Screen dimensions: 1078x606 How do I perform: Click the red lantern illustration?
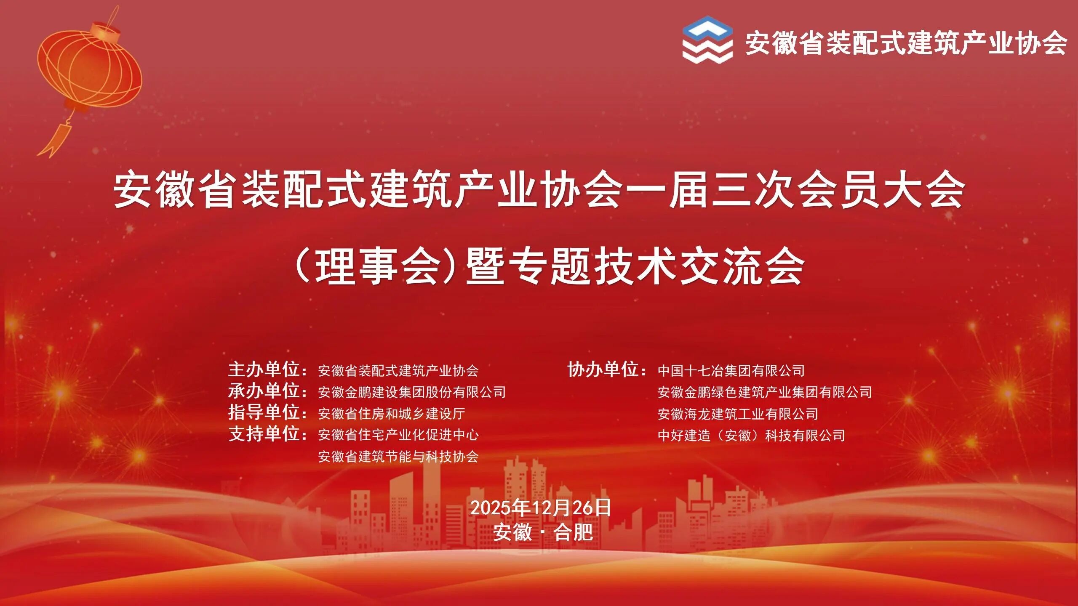tap(89, 67)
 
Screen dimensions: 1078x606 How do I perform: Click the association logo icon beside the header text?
tap(707, 40)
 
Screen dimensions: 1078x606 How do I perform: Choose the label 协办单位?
tap(603, 370)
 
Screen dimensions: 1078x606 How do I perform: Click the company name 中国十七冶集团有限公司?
tap(731, 371)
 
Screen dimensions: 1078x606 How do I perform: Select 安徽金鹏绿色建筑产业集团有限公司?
tap(765, 392)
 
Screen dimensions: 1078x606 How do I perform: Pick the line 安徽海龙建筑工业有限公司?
tap(738, 414)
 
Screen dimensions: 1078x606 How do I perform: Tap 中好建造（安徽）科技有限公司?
tap(752, 436)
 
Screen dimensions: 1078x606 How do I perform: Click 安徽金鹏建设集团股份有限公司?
tap(412, 392)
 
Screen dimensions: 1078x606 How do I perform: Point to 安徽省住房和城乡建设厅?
tap(392, 414)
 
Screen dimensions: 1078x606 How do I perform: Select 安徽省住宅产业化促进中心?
tap(398, 435)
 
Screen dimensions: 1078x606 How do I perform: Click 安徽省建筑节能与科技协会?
tap(398, 457)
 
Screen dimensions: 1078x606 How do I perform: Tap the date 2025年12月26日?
tap(540, 508)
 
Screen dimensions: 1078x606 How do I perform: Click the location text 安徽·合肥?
tap(543, 532)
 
